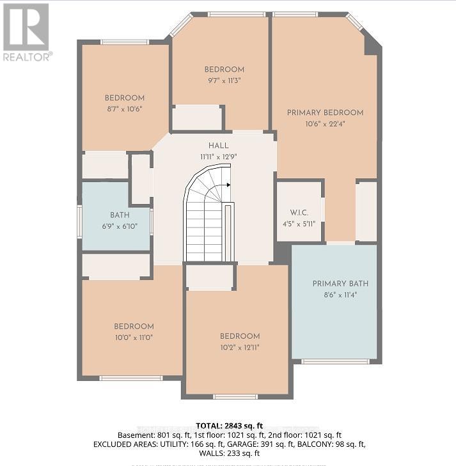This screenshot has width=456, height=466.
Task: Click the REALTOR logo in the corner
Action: coord(26,31)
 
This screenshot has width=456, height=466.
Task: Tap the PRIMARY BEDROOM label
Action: coord(325,113)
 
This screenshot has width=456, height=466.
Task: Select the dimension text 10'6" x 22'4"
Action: coord(325,123)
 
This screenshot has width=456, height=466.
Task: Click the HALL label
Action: coord(218,146)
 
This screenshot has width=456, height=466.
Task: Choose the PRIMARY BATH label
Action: coord(340,284)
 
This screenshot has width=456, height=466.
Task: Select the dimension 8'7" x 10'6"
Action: coord(125,109)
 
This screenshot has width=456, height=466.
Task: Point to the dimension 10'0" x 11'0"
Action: coord(133,337)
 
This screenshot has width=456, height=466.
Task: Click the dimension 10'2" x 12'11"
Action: coord(240,347)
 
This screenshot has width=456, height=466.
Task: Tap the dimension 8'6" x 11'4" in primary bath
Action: coord(340,295)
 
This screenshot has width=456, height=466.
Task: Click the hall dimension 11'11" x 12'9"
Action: coord(218,157)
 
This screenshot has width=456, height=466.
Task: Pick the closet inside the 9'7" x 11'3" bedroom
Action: coord(197,118)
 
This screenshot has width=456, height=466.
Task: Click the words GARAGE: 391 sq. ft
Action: coord(278,444)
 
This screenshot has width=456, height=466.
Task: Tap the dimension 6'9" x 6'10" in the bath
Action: coord(119,227)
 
